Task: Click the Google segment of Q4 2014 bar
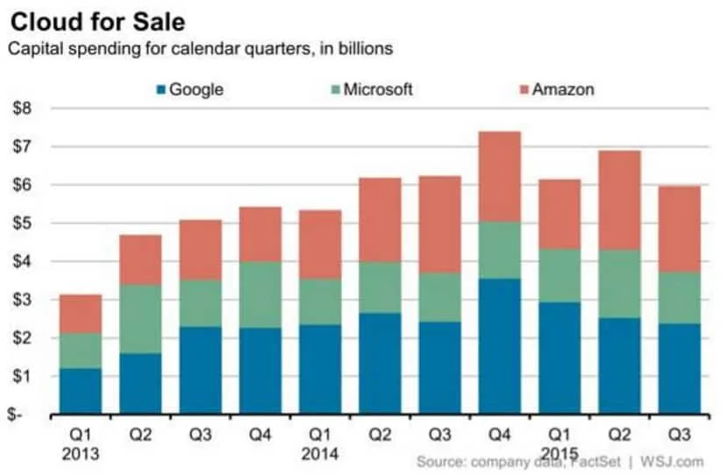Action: tap(499, 345)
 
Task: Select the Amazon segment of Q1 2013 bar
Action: tap(81, 314)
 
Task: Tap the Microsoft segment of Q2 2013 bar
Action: tap(139, 319)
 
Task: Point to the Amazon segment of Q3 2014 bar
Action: tap(438, 224)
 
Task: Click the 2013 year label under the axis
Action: tap(80, 455)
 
